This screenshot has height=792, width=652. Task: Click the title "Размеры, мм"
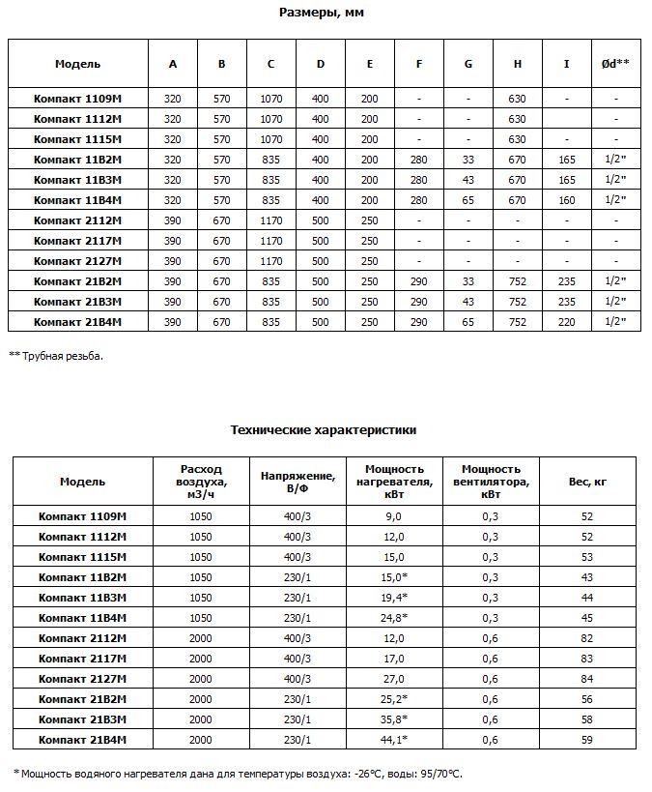[x=322, y=14]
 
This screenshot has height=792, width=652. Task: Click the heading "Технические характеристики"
[x=324, y=429]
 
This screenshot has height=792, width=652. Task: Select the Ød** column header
[x=614, y=64]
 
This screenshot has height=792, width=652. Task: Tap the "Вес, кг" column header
[x=587, y=481]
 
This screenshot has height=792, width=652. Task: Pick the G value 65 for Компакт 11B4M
[x=468, y=200]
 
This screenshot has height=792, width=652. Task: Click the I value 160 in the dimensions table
[x=566, y=200]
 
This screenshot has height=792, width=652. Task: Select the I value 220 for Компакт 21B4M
[x=566, y=322]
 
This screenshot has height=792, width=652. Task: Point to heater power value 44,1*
[x=394, y=740]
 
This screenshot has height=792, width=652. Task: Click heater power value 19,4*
[x=394, y=598]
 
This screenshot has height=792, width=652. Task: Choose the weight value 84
[x=587, y=679]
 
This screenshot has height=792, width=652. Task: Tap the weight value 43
[x=587, y=577]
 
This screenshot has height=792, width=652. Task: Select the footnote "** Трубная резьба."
[x=55, y=355]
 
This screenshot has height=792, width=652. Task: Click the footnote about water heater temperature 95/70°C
[x=239, y=773]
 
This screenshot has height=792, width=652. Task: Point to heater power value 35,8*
[x=394, y=719]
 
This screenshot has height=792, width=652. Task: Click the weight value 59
[x=587, y=740]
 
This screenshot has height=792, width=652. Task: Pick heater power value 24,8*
[x=394, y=618]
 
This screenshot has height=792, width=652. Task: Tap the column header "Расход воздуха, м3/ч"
[x=202, y=481]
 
